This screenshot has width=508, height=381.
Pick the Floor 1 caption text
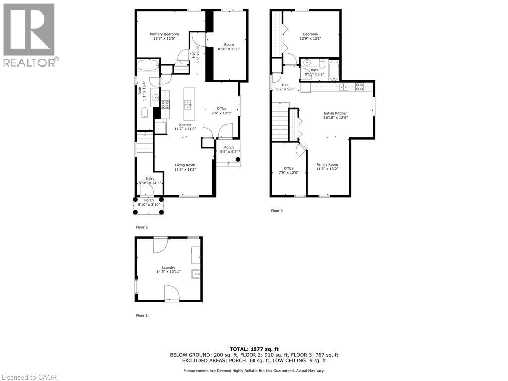(142, 315)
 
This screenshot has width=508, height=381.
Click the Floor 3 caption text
(277, 211)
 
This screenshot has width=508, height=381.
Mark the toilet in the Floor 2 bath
(145, 113)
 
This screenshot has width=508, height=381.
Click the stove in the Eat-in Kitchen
(360, 87)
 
